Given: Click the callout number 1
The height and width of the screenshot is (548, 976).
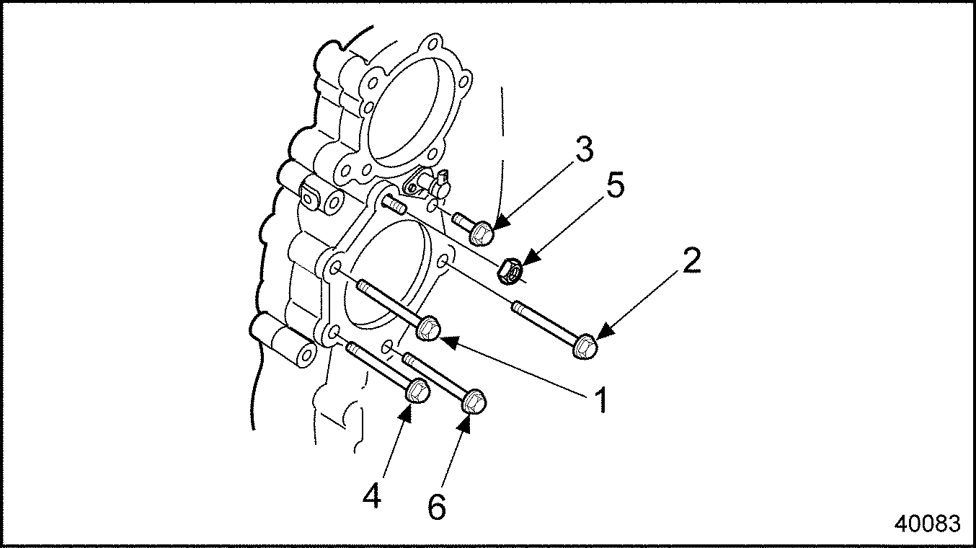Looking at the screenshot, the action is pos(601,399).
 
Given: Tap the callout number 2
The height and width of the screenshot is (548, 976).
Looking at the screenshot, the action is pos(691,260).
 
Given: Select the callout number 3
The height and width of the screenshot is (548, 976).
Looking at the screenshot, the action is pos(583,149).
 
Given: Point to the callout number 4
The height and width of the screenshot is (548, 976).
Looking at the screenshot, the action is pos(372,495).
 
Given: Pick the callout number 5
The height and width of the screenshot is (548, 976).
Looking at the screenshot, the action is pos(615,185).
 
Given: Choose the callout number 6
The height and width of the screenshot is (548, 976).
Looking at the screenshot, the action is pos(437,507).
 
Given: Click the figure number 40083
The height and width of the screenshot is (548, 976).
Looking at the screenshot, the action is pos(927,523).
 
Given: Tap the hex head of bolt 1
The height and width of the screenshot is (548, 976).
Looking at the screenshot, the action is pos(428,328).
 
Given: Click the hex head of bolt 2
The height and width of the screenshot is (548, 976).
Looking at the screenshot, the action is pos(585,347).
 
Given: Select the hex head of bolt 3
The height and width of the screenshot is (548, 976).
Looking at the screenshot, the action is pos(482,233).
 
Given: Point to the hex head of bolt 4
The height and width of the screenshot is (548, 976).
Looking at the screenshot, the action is pos(418,391).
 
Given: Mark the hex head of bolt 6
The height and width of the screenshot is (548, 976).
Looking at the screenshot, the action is pos(474,402).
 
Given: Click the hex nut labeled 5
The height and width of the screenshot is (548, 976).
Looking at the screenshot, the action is pos(510,271).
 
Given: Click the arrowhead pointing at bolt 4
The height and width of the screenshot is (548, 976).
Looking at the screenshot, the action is pos(406,412).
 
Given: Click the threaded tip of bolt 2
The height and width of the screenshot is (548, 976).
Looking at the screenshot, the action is pos(517,307).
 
